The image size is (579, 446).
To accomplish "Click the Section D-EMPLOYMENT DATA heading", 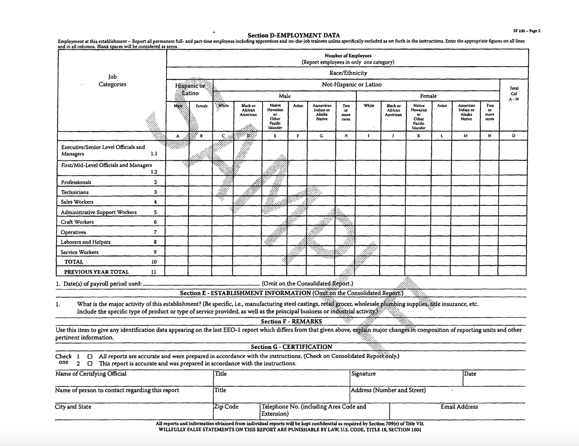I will click(x=293, y=35).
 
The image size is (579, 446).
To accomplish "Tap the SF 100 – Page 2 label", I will click(x=527, y=31).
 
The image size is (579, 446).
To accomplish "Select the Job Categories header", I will click(x=112, y=81).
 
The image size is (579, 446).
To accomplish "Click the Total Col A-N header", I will click(x=514, y=94).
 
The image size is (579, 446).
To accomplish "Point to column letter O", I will click(x=513, y=136).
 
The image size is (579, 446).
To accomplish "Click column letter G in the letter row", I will click(x=321, y=136).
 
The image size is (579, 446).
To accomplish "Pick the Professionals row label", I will click(x=76, y=182).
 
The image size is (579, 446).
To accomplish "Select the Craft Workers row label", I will click(x=77, y=222).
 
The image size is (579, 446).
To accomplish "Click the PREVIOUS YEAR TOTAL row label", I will click(x=96, y=272).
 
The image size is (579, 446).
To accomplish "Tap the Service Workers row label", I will click(x=80, y=252).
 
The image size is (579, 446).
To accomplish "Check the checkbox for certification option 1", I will click(x=90, y=356).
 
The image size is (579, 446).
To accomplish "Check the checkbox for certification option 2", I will click(x=90, y=364).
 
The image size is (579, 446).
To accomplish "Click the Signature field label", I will click(x=363, y=374).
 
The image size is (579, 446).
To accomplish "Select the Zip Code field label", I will click(x=227, y=407).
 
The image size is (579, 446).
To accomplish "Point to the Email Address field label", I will click(x=459, y=407).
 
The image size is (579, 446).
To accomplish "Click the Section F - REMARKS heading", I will click(x=291, y=321).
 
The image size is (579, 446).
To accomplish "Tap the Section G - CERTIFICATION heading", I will click(x=291, y=347).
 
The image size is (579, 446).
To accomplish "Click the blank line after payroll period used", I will click(x=201, y=284).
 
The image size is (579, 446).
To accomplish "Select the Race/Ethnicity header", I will click(x=348, y=73).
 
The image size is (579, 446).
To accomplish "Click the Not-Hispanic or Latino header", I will click(x=351, y=85).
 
